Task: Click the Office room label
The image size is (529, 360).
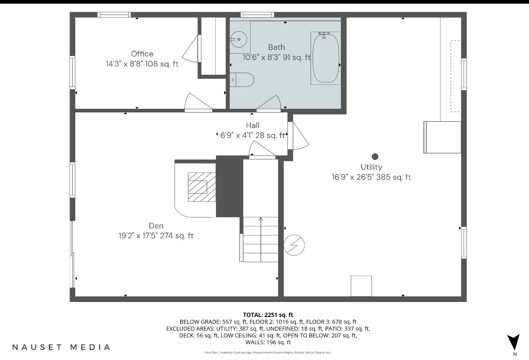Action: [142, 54]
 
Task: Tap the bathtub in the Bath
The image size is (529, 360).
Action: [326, 58]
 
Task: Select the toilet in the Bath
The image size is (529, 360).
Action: [242, 80]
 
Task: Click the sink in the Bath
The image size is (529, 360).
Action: [240, 39]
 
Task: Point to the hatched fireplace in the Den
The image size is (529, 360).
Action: [201, 187]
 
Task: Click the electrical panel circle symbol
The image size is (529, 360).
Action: [294, 245]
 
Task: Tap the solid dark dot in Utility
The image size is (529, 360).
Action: [375, 157]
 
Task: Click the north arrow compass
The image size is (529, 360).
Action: [514, 342]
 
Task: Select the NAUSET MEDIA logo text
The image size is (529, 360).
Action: [61, 347]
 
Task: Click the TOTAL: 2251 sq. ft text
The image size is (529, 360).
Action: [268, 315]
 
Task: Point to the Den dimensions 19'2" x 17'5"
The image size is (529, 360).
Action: [155, 235]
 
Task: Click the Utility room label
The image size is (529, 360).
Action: [371, 167]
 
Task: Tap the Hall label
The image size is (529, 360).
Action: [253, 125]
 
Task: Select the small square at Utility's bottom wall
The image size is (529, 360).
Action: [361, 286]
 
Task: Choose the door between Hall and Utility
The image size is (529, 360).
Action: [298, 136]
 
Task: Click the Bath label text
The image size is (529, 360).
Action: [276, 47]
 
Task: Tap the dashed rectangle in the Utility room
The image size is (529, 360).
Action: [455, 76]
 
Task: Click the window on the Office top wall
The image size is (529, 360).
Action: [114, 15]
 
